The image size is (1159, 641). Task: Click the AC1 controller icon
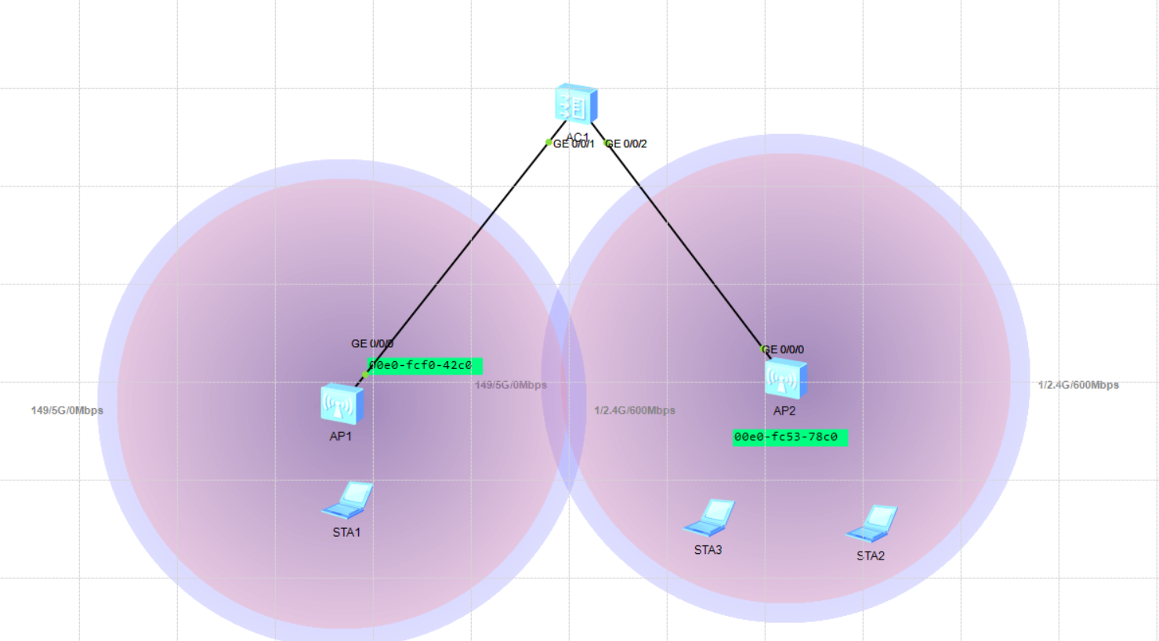tap(576, 104)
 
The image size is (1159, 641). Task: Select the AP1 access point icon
tap(341, 404)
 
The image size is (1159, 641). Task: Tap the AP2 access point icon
tap(785, 378)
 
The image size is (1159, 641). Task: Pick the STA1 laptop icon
tap(347, 500)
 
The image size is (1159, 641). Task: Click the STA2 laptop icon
tap(871, 523)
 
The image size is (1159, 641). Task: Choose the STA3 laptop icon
tap(709, 517)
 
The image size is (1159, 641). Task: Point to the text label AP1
tap(340, 436)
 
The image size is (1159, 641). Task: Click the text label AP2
tap(784, 411)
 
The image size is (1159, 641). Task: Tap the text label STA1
tap(346, 533)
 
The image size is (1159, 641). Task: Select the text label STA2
tap(870, 556)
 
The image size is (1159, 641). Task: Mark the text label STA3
tap(708, 550)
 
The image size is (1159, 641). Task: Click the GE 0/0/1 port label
tap(574, 144)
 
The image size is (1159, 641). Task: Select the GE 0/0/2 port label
tap(628, 144)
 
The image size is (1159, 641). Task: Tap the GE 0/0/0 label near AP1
tap(372, 344)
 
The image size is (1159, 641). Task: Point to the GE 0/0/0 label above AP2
tap(784, 349)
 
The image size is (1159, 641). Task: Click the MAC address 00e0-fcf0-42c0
tap(424, 366)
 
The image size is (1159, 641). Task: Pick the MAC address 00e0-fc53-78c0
tap(789, 437)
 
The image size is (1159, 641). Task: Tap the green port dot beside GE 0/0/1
tap(549, 143)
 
